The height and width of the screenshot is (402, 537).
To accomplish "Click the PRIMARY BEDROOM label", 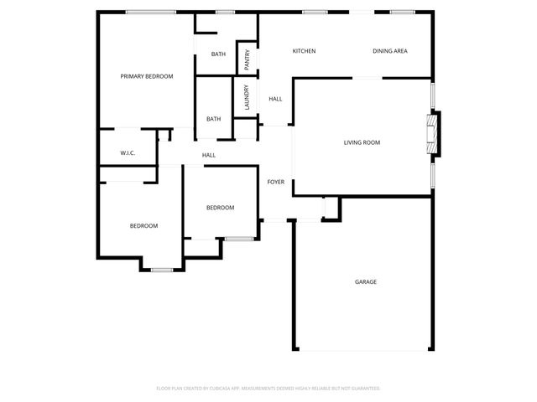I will click(146, 76).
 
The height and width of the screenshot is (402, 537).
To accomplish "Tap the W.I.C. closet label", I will click(128, 153).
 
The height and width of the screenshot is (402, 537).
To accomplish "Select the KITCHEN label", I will click(304, 52).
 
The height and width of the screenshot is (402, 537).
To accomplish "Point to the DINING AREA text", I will click(390, 52).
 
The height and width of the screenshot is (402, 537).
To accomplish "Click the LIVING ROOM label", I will click(362, 142).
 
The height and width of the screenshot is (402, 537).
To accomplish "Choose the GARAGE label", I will click(365, 282).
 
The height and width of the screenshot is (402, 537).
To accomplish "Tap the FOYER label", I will click(275, 182).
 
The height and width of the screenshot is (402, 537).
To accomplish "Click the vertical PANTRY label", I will click(248, 59).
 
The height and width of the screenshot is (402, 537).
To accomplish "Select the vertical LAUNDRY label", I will click(248, 97).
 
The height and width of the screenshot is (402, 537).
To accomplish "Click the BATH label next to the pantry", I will click(218, 54).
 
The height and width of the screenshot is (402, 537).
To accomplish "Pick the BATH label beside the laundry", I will click(213, 119).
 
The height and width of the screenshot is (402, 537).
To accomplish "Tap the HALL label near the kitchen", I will click(275, 99).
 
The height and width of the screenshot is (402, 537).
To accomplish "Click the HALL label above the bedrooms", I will click(209, 155).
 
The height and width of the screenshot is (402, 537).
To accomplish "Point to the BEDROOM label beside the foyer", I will click(220, 208).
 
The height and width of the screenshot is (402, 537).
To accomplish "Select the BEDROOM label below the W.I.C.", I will click(143, 225).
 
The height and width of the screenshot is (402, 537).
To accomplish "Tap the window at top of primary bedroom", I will click(150, 12).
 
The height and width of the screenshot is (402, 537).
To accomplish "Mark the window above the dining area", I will click(402, 12).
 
